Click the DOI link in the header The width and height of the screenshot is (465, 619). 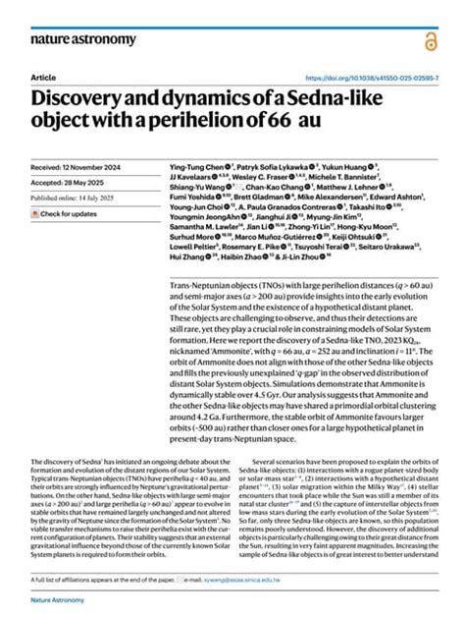coord(372,77)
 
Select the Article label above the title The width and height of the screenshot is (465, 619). coord(44,77)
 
